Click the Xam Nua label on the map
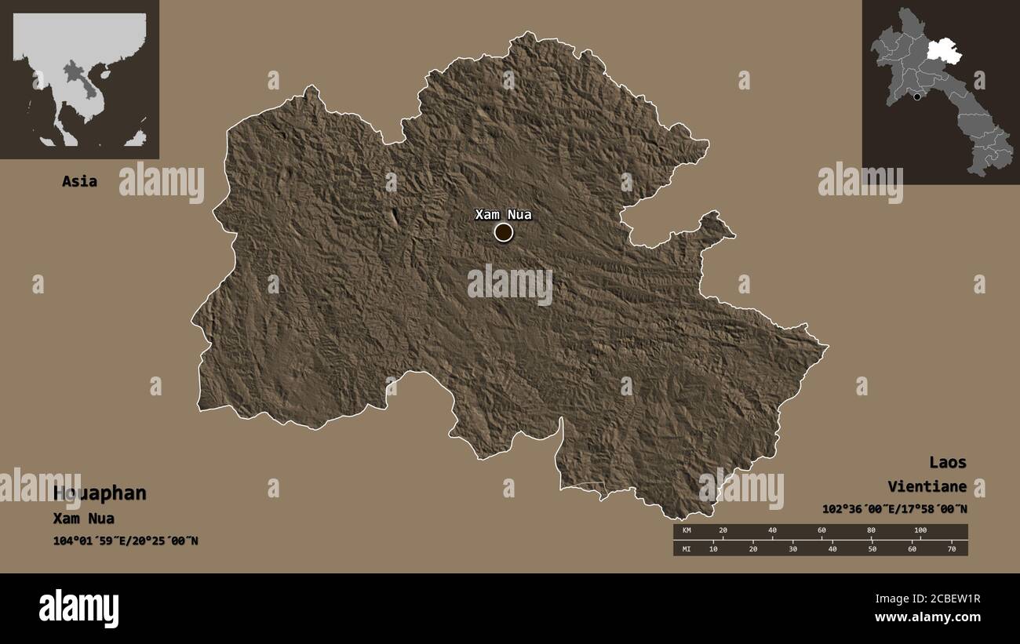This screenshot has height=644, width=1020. click(x=503, y=214)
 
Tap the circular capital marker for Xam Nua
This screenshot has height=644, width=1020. click(x=504, y=232)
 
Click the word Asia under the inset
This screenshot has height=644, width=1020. click(x=80, y=181)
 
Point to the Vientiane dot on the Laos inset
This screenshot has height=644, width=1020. click(x=917, y=96)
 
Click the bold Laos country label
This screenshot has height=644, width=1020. click(x=948, y=462)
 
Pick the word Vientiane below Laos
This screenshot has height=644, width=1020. click(x=927, y=486)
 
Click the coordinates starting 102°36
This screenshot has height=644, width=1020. click(x=894, y=509)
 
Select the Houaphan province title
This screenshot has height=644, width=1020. click(x=100, y=493)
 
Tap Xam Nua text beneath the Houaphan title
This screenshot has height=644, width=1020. click(x=84, y=518)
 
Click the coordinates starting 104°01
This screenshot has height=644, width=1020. click(x=126, y=540)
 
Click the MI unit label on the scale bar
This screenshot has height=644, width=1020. click(x=685, y=548)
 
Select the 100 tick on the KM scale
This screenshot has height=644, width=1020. click(x=920, y=531)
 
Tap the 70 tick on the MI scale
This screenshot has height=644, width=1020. click(x=952, y=548)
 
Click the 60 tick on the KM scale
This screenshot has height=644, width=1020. click(x=821, y=531)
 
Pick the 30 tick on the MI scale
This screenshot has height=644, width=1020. click(x=792, y=548)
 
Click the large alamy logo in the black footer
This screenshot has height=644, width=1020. click(x=78, y=608)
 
